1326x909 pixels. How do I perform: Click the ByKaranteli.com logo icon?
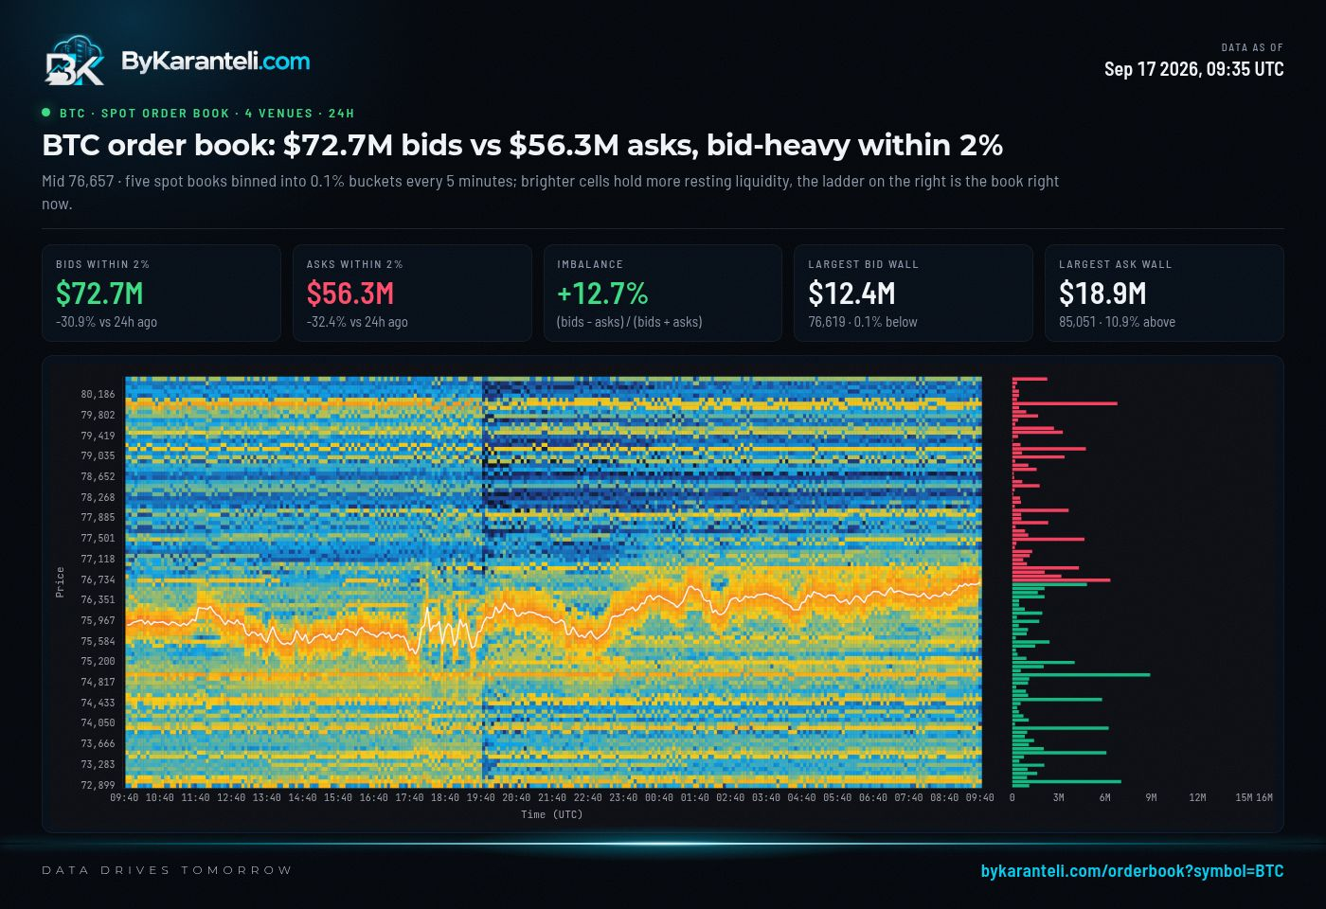[x=75, y=60]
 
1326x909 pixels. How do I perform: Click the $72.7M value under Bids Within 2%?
[x=99, y=294]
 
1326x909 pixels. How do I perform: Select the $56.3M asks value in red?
[x=349, y=294]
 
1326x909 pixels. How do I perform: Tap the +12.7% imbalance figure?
[x=602, y=294]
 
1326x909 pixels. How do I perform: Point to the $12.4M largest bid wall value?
[x=851, y=294]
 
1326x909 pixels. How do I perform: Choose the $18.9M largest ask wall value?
[x=1102, y=294]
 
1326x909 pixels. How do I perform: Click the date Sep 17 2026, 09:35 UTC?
[x=1193, y=69]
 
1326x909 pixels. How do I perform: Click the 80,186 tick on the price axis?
[x=98, y=394]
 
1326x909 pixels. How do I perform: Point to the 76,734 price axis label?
[x=98, y=579]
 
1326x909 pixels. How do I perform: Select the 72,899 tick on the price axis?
[x=98, y=785]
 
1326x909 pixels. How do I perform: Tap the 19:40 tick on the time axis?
[x=481, y=797]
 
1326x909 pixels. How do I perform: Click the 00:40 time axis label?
[x=659, y=797]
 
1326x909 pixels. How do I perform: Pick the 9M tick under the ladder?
[x=1151, y=797]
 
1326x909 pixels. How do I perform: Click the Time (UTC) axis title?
[x=551, y=815]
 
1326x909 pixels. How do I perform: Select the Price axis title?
[x=60, y=582]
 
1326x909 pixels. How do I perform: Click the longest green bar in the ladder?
[x=1081, y=674]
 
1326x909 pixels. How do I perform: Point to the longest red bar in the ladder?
[x=1065, y=403]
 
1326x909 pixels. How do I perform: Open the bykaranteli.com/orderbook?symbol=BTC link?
[x=1132, y=871]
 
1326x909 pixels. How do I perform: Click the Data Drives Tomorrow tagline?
[x=167, y=870]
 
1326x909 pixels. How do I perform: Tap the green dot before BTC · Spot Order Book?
[x=46, y=113]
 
